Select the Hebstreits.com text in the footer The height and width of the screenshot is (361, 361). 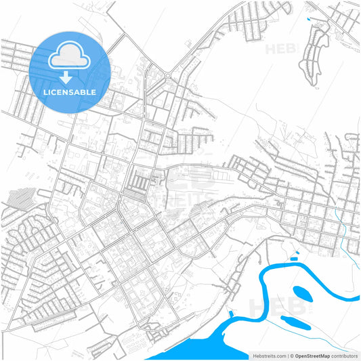tap(268, 355)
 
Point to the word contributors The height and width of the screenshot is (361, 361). tap(344, 355)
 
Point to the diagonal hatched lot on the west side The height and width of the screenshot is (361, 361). tap(20, 197)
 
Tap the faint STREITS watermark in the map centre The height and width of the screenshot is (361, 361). tap(183, 197)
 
